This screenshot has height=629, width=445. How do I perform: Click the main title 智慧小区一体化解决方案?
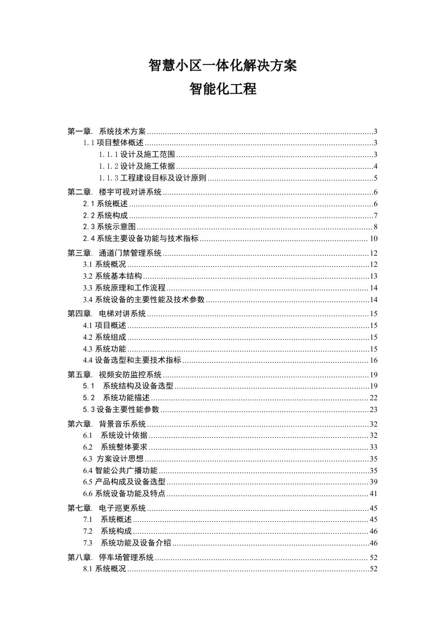(x=222, y=66)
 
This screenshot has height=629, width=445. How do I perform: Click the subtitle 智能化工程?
(x=222, y=89)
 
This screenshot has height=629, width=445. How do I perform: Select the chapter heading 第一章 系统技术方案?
(x=107, y=132)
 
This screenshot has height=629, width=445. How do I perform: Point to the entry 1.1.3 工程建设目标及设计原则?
(x=153, y=179)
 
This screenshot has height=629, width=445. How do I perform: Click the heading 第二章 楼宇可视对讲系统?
(x=114, y=192)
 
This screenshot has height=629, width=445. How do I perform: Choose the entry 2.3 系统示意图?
(x=109, y=227)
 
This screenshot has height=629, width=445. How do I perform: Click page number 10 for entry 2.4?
(x=373, y=239)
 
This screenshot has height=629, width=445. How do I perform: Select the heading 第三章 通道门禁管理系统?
(x=114, y=253)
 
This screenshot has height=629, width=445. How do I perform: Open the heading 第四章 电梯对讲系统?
(x=107, y=314)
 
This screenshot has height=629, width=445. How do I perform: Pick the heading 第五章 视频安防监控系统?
(x=114, y=374)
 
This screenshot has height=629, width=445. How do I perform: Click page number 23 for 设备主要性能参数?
(x=373, y=409)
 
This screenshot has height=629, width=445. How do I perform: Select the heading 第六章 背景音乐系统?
(x=107, y=424)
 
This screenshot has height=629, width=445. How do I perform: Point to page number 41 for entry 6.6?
(x=373, y=494)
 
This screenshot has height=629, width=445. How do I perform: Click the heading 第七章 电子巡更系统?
(x=107, y=508)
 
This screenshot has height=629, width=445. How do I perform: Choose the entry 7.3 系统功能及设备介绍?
(x=127, y=543)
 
